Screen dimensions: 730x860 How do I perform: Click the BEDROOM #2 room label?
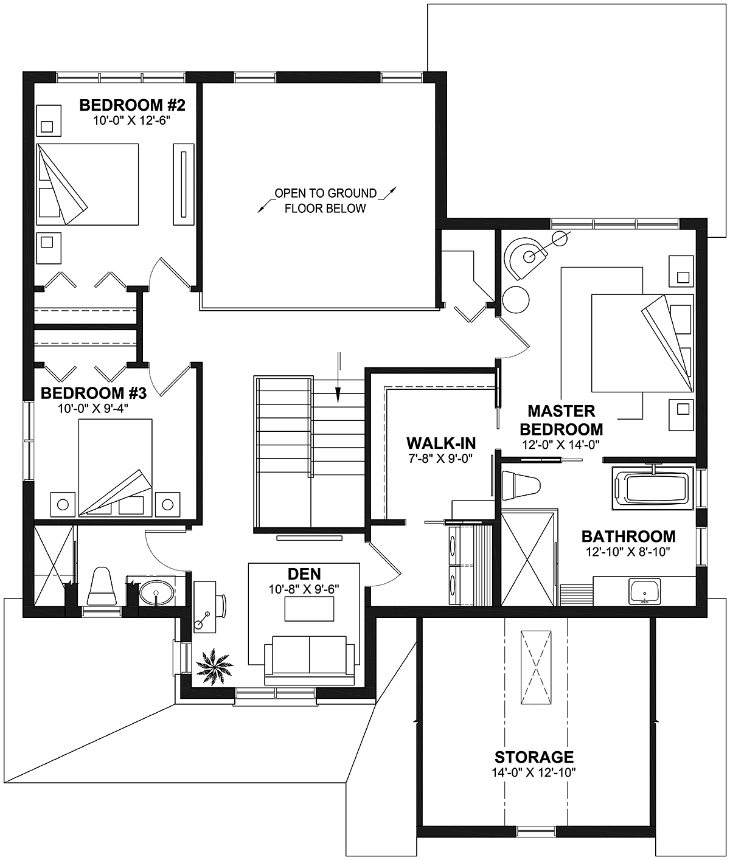tap(133, 105)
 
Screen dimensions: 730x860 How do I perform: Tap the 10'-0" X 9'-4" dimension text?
tap(93, 409)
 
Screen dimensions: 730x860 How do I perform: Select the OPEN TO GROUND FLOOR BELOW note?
tap(325, 201)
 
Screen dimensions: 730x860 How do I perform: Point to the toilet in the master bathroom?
tap(521, 485)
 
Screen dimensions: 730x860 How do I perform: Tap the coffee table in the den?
tap(309, 609)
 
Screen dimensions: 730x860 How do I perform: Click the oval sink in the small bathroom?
tap(156, 592)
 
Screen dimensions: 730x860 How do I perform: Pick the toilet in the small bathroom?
tap(102, 586)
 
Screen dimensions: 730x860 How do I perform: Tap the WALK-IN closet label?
tap(441, 443)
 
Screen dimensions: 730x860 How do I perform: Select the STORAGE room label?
tap(534, 757)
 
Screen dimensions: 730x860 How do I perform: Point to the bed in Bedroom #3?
tap(116, 468)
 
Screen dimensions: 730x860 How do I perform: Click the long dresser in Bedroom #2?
tap(184, 184)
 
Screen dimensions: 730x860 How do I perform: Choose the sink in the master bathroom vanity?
tap(645, 591)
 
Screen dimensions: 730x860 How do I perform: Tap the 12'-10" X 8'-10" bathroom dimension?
tap(628, 552)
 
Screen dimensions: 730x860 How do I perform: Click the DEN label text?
tap(304, 574)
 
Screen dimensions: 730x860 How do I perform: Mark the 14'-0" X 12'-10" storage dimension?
tap(534, 772)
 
